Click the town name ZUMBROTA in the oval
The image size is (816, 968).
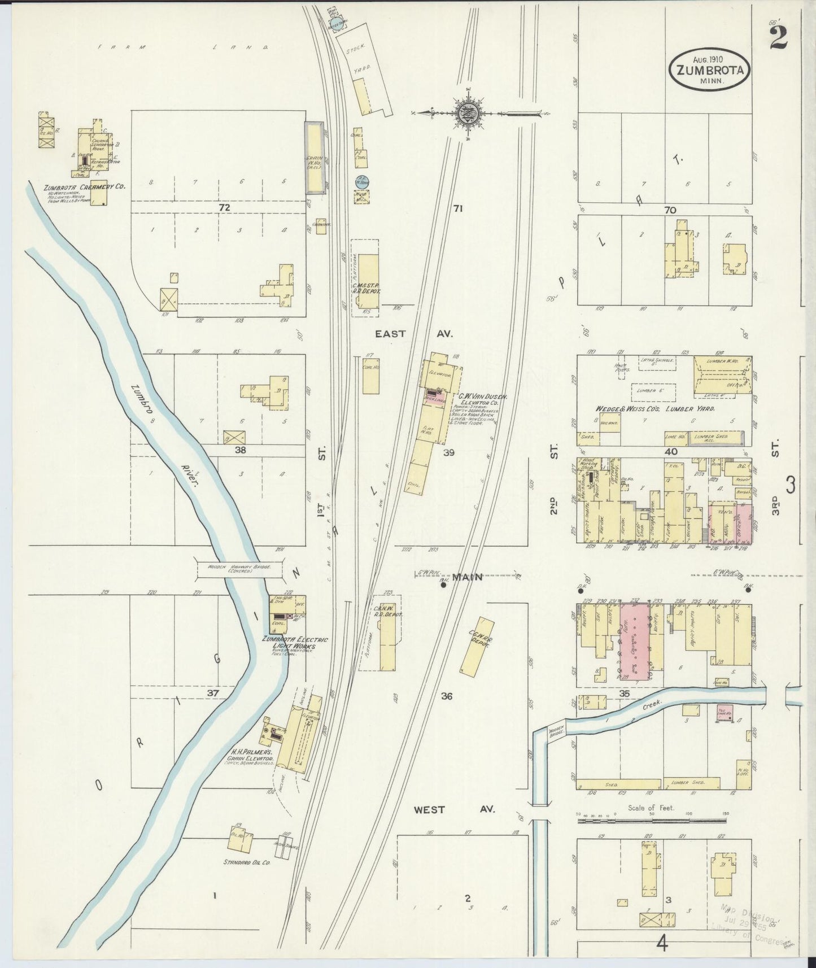point(710,70)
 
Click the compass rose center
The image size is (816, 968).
point(468,112)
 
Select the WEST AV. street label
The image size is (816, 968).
point(454,809)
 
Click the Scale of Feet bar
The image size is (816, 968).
point(652,819)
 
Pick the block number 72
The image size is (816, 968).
point(225,208)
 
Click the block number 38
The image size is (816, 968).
point(241,450)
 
